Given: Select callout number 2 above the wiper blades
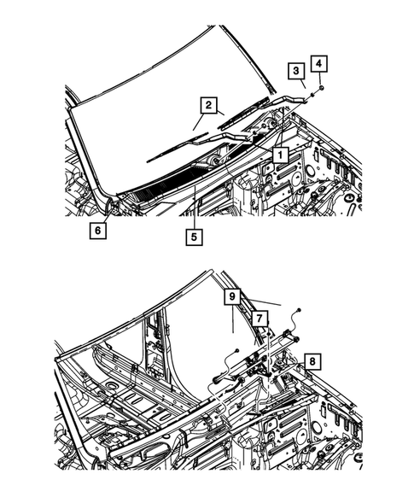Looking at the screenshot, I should click(x=207, y=105).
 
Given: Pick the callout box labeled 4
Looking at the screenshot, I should click(x=318, y=62).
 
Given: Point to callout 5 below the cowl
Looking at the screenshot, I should click(x=195, y=237).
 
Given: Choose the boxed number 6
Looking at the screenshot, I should click(x=99, y=230).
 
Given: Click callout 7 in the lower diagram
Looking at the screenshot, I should click(x=259, y=318).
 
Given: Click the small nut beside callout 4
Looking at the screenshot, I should click(x=318, y=89).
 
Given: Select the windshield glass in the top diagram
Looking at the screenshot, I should click(x=162, y=85).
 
